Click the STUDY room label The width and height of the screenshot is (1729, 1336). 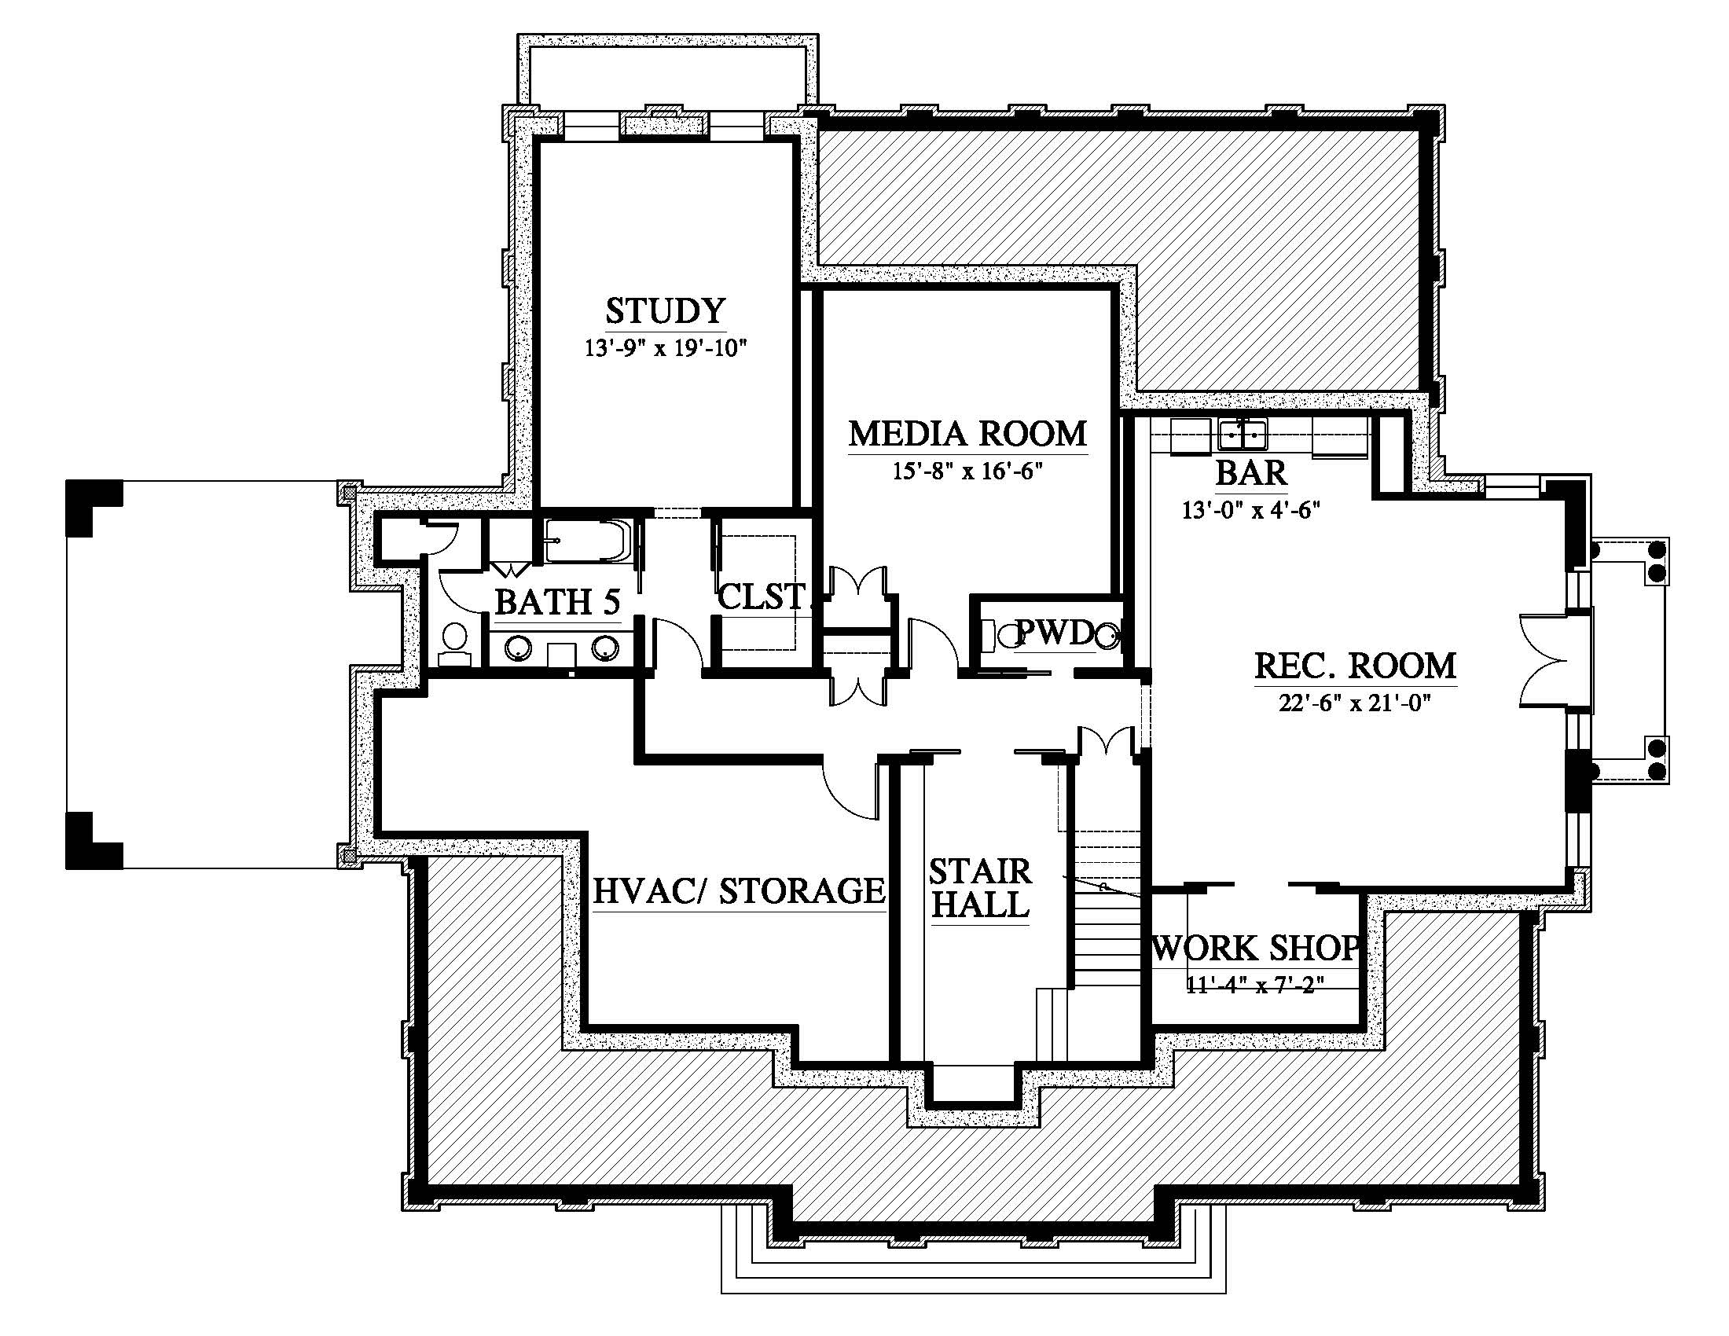pos(665,311)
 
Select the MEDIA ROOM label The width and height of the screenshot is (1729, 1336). pos(967,434)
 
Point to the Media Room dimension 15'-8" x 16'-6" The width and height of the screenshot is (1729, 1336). pos(967,472)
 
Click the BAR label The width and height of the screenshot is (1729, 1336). pos(1251,473)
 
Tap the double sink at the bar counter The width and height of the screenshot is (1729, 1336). pos(1243,435)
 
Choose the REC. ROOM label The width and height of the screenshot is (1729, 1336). pos(1356,666)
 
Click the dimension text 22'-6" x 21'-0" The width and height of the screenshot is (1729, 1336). pos(1356,703)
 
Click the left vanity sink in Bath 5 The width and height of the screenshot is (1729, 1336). pos(517,648)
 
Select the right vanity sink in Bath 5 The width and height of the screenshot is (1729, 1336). pos(607,648)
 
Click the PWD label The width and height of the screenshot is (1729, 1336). pos(1055,632)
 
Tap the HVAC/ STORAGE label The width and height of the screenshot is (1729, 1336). pos(739,891)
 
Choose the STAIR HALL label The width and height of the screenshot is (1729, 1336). pos(980,888)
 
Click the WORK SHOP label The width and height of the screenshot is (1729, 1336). pos(1257,949)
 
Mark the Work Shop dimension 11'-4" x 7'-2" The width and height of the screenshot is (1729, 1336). pos(1256,985)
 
